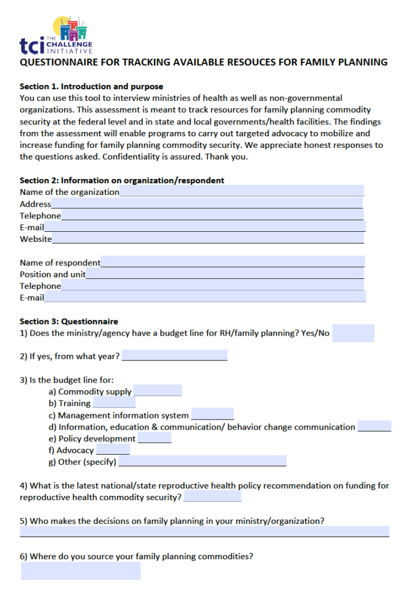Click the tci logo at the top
pyautogui.click(x=56, y=36)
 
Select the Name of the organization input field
pyautogui.click(x=242, y=191)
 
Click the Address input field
pyautogui.click(x=207, y=203)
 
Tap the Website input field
pyautogui.click(x=207, y=238)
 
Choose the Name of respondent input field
pyautogui.click(x=232, y=262)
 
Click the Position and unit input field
pyautogui.click(x=224, y=274)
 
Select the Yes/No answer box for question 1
pyautogui.click(x=353, y=333)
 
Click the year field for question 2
pyautogui.click(x=175, y=356)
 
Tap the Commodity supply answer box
pyautogui.click(x=157, y=391)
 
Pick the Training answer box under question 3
pyautogui.click(x=114, y=403)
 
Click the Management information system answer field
pyautogui.click(x=212, y=414)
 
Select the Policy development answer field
pyautogui.click(x=155, y=438)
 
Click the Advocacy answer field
pyautogui.click(x=113, y=450)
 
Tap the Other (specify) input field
pyautogui.click(x=202, y=461)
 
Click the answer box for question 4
pyautogui.click(x=212, y=497)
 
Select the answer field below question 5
pyautogui.click(x=204, y=531)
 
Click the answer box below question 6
pyautogui.click(x=81, y=570)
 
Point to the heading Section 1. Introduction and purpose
pyautogui.click(x=91, y=86)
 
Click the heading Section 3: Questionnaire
pyautogui.click(x=69, y=321)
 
